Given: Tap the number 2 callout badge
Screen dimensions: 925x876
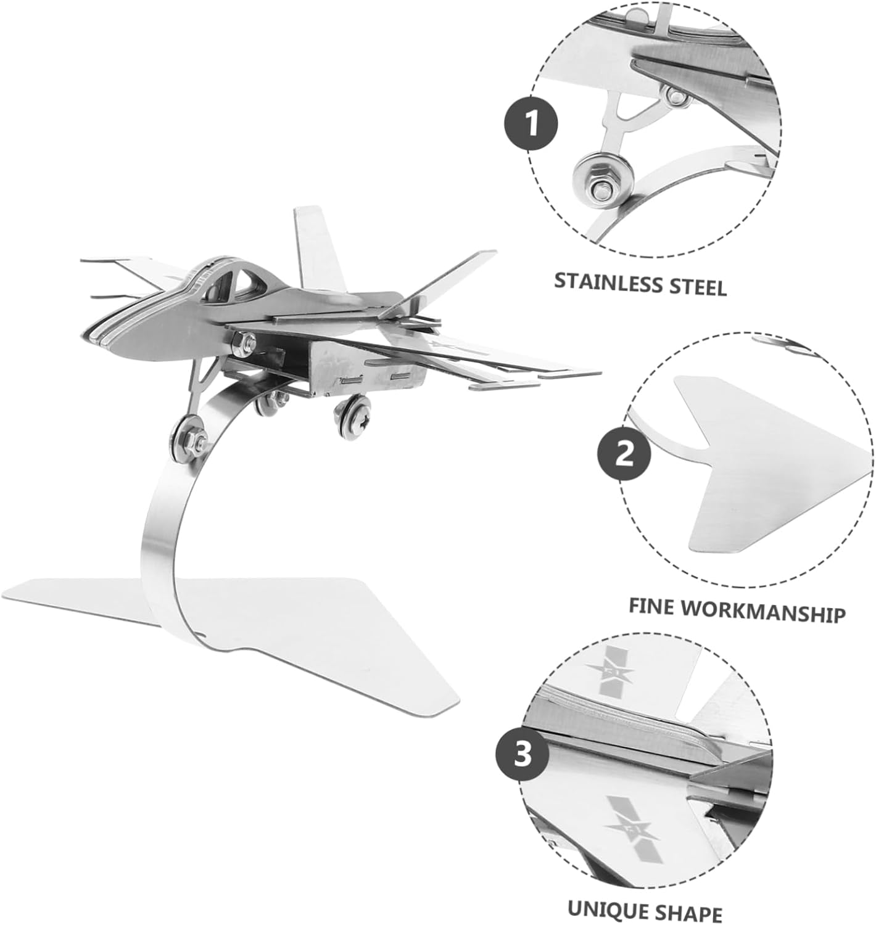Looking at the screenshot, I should point(624,456).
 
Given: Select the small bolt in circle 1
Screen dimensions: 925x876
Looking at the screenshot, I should point(676,95).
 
